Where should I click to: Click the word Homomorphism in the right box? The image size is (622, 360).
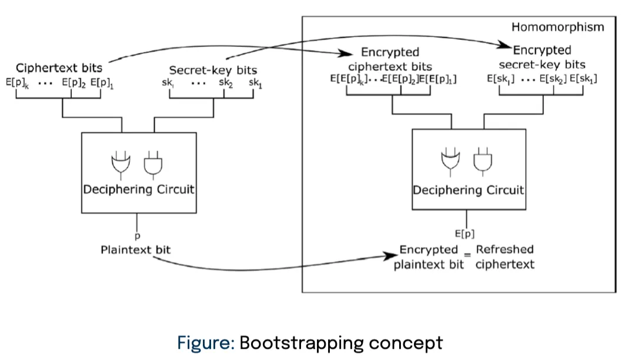click(557, 27)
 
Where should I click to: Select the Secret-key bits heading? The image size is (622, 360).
click(213, 71)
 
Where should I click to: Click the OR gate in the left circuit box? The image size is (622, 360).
click(121, 165)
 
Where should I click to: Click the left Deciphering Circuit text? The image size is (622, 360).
click(138, 189)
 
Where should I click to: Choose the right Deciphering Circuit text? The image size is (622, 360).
click(468, 190)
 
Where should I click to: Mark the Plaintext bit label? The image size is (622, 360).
click(135, 250)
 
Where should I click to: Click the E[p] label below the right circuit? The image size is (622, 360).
click(464, 233)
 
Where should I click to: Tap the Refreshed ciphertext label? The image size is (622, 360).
click(505, 256)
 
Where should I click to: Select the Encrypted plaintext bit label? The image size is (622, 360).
click(429, 256)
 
